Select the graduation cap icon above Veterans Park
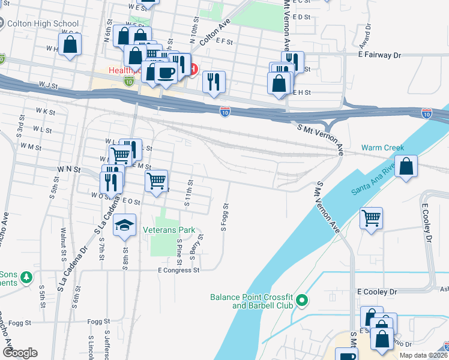click(x=124, y=226)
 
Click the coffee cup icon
click(x=166, y=73)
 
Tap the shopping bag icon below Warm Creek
click(x=406, y=167)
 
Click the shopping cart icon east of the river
click(x=371, y=218)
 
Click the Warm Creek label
click(x=382, y=148)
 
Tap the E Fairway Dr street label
click(x=379, y=55)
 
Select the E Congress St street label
click(x=178, y=270)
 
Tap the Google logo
click(x=20, y=353)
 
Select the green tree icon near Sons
click(x=26, y=278)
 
